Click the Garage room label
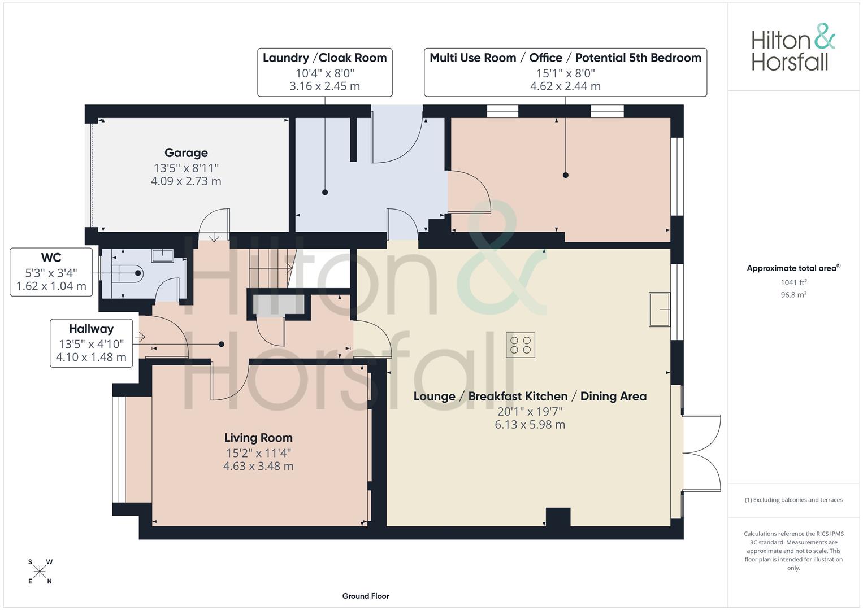[186, 153]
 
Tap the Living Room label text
[258, 438]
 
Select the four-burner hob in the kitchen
[521, 345]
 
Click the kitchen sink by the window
[660, 310]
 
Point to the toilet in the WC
[127, 274]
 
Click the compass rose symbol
[40, 572]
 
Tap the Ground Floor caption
[366, 596]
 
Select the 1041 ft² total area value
[793, 282]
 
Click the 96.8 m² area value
[793, 295]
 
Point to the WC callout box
[51, 272]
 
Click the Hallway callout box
[92, 343]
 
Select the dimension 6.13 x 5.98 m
[530, 425]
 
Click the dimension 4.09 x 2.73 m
[186, 181]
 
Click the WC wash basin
[162, 255]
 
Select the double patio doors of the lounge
[701, 453]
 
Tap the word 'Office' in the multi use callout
[545, 58]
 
